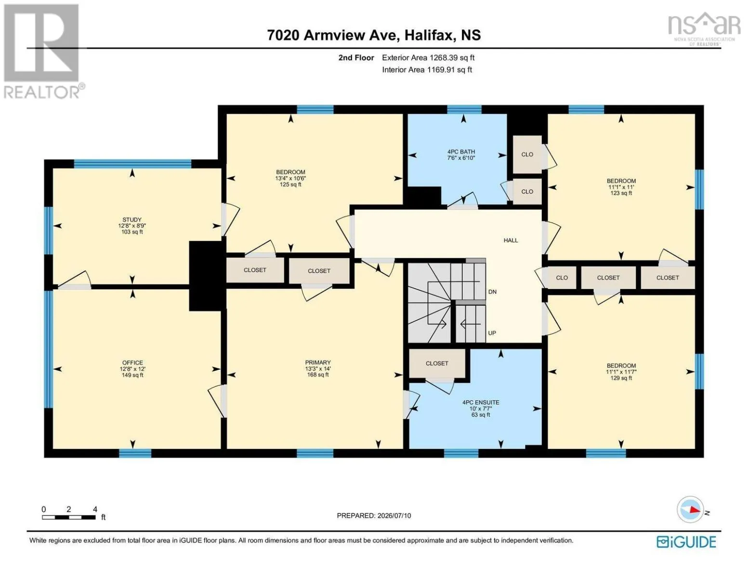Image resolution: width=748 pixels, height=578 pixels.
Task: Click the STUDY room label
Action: [132, 220]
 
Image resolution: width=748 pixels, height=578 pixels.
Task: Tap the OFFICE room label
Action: [132, 363]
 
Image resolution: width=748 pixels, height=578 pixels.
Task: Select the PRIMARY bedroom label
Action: [318, 363]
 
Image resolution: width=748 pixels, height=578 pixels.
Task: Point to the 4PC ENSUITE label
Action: [481, 402]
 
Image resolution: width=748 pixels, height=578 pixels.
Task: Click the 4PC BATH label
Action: [461, 152]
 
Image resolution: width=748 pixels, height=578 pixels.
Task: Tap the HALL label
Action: [511, 240]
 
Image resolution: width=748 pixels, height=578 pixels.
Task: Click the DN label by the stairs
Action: [492, 292]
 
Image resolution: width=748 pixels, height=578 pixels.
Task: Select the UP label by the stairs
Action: [492, 333]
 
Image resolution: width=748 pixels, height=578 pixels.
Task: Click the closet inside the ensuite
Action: [437, 363]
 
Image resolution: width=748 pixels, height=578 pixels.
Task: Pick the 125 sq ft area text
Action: [290, 184]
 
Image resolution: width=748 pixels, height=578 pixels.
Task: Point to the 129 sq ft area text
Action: [621, 378]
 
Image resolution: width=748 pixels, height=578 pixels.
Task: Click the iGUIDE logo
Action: [686, 542]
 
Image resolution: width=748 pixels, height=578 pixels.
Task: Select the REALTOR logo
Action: [43, 51]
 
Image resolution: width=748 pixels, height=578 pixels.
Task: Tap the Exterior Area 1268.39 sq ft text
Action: [428, 58]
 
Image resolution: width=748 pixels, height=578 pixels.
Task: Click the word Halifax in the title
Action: [428, 35]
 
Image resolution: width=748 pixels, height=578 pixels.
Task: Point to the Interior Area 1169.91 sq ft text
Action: [427, 70]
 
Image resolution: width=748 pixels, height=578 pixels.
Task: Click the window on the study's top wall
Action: [132, 164]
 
